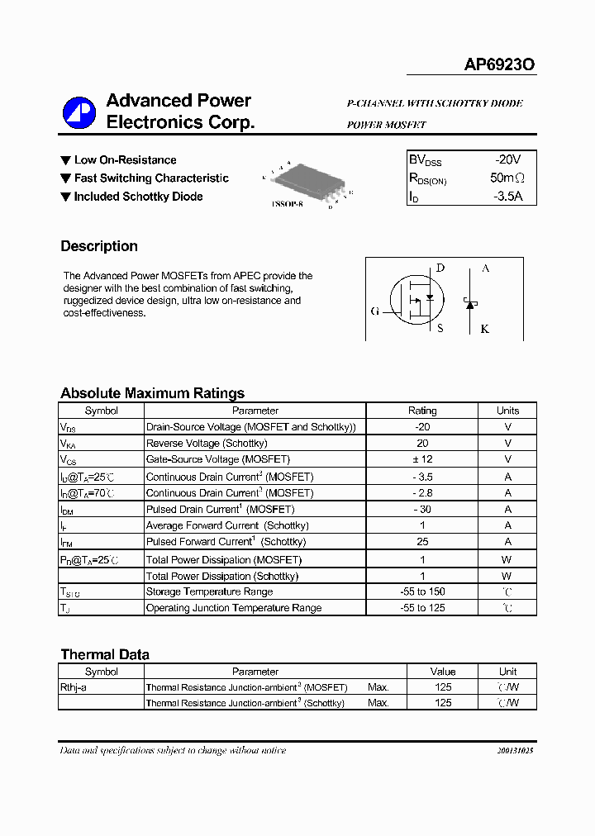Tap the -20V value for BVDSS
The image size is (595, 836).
[507, 159]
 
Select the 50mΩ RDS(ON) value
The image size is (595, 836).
[507, 178]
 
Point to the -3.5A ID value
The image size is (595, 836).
[507, 197]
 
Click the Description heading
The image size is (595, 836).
[99, 246]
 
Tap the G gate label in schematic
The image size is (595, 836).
[375, 311]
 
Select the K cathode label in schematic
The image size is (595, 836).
[485, 329]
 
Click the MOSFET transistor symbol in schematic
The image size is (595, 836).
[418, 299]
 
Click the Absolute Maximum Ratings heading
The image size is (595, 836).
[152, 393]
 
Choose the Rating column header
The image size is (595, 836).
[422, 411]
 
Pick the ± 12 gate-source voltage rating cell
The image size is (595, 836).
[422, 459]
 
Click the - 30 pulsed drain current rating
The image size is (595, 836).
[422, 510]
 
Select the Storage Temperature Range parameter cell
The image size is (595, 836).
[209, 591]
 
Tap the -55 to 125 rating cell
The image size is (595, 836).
[422, 608]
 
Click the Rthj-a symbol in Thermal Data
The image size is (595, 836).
[74, 687]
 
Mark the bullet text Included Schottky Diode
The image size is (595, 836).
[138, 197]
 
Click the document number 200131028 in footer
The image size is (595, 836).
[515, 751]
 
